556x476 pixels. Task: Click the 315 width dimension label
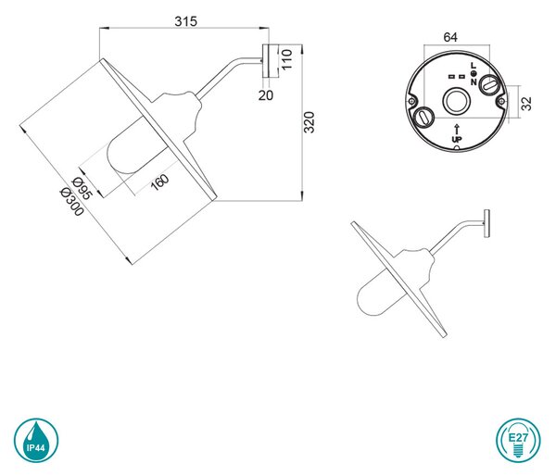click(x=185, y=21)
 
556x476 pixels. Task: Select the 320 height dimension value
click(x=310, y=122)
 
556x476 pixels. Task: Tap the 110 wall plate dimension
click(x=286, y=59)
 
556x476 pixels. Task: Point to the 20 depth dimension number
click(x=266, y=95)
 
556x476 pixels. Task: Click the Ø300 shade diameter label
click(x=72, y=201)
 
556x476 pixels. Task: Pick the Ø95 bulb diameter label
click(x=82, y=188)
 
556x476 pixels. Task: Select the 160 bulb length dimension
click(x=159, y=182)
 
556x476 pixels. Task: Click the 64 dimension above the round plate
click(x=450, y=37)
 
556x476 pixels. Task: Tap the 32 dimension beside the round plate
click(x=526, y=104)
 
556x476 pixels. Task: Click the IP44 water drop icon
click(x=36, y=440)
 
